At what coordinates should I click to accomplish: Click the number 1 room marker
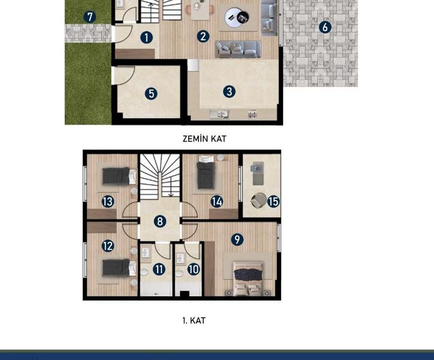(146, 37)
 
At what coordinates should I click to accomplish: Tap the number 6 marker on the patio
(325, 27)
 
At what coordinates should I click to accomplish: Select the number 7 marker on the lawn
(90, 17)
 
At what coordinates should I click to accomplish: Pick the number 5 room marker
(151, 94)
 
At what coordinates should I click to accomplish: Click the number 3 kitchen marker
(229, 91)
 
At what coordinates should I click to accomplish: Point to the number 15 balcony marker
(273, 202)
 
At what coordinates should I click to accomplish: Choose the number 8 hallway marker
(160, 221)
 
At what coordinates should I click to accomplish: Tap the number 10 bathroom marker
(194, 269)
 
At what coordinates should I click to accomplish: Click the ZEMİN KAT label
(204, 139)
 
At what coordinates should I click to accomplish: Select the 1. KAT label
(194, 320)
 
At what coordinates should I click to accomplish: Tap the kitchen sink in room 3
(219, 114)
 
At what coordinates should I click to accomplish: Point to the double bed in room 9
(248, 278)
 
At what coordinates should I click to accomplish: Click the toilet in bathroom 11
(144, 272)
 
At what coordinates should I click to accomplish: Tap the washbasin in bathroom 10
(181, 258)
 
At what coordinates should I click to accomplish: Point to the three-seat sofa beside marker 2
(238, 49)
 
